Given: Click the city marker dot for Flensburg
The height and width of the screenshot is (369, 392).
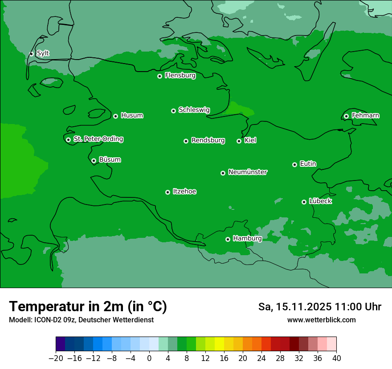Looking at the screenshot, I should (159, 76).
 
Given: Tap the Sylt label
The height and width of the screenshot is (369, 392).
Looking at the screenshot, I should (43, 53).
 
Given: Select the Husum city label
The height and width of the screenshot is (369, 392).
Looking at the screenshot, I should (132, 116).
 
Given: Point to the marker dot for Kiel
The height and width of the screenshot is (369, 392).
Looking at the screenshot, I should (239, 141).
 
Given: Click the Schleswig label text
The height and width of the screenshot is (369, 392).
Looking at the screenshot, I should (194, 110).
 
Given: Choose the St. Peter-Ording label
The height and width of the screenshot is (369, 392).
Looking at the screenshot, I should (98, 139).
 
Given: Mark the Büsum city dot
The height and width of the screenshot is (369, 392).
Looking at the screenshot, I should (94, 160).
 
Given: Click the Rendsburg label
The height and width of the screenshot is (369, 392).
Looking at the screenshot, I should (208, 140).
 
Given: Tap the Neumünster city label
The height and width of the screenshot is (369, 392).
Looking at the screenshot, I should (247, 172).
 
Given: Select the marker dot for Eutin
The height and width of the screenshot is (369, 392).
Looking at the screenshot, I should (294, 164).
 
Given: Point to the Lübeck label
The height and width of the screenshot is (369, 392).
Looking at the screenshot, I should (320, 201).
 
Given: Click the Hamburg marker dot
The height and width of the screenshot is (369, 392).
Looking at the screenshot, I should (228, 239).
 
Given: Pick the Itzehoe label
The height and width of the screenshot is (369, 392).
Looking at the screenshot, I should (184, 192).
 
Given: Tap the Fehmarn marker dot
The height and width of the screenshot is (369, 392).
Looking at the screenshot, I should (346, 116).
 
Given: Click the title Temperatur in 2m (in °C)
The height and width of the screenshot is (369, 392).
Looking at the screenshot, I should (88, 306).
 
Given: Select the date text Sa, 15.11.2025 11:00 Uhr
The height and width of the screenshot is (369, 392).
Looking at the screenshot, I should (319, 307).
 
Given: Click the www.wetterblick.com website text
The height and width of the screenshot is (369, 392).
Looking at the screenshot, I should (321, 320).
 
